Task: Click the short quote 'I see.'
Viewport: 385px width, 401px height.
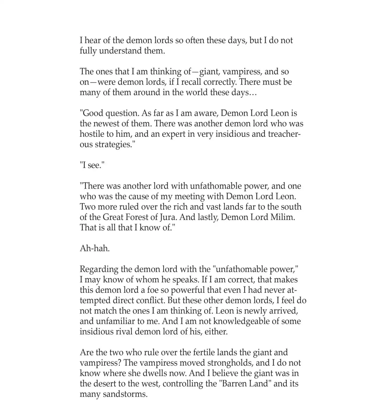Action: click(92, 165)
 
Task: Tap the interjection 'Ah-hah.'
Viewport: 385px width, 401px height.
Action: click(95, 248)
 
